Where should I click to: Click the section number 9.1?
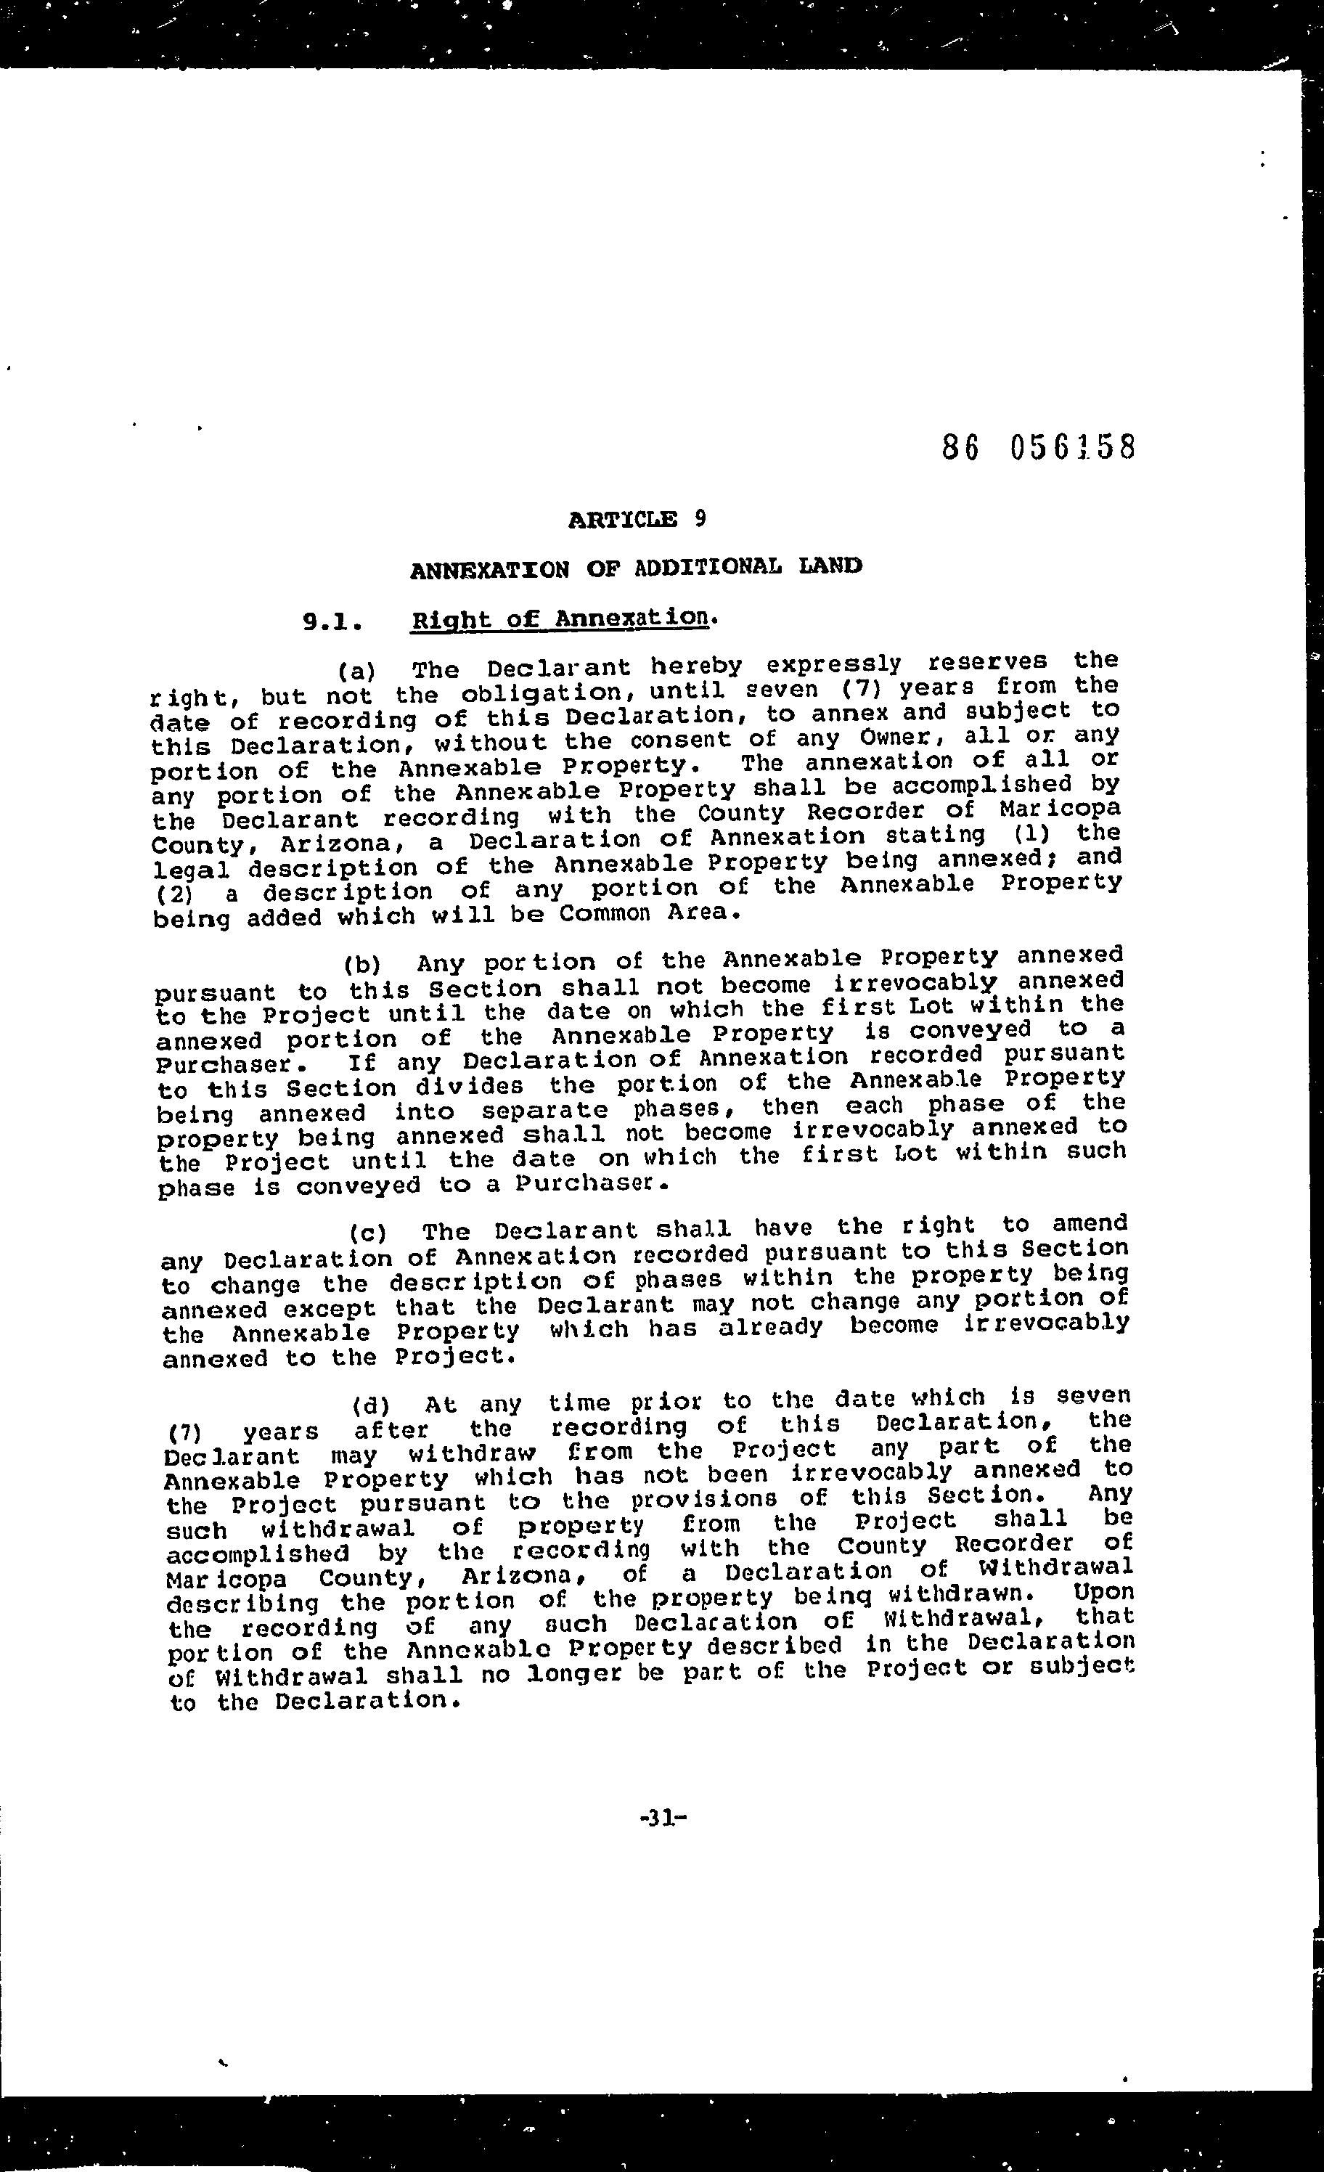[x=332, y=622]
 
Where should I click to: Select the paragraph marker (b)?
[x=361, y=963]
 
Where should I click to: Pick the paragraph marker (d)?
[x=370, y=1404]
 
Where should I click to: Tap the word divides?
[x=469, y=1086]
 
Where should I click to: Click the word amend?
[x=1090, y=1222]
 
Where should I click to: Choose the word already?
[x=770, y=1327]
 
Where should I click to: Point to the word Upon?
[x=1103, y=1593]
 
